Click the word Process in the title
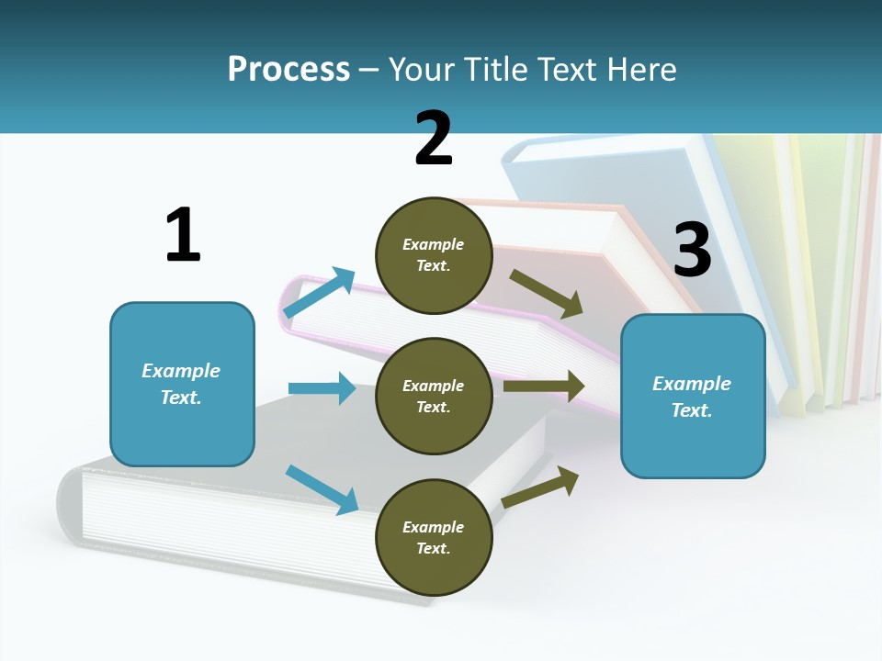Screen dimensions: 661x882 [288, 70]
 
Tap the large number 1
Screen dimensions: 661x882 [183, 235]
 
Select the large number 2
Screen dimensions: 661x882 [434, 138]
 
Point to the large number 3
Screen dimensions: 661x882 [692, 250]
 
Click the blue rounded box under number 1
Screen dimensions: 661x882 [182, 384]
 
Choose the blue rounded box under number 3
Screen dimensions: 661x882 [693, 397]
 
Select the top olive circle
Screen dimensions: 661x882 [434, 255]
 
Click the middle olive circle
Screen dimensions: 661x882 [434, 396]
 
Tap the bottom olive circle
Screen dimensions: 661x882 [434, 537]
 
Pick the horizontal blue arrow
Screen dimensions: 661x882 [322, 388]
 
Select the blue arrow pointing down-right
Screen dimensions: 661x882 [322, 489]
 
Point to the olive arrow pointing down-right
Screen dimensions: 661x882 [547, 293]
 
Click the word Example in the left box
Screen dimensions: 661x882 [181, 371]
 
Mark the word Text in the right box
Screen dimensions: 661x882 [691, 410]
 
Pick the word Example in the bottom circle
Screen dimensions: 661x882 [434, 527]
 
